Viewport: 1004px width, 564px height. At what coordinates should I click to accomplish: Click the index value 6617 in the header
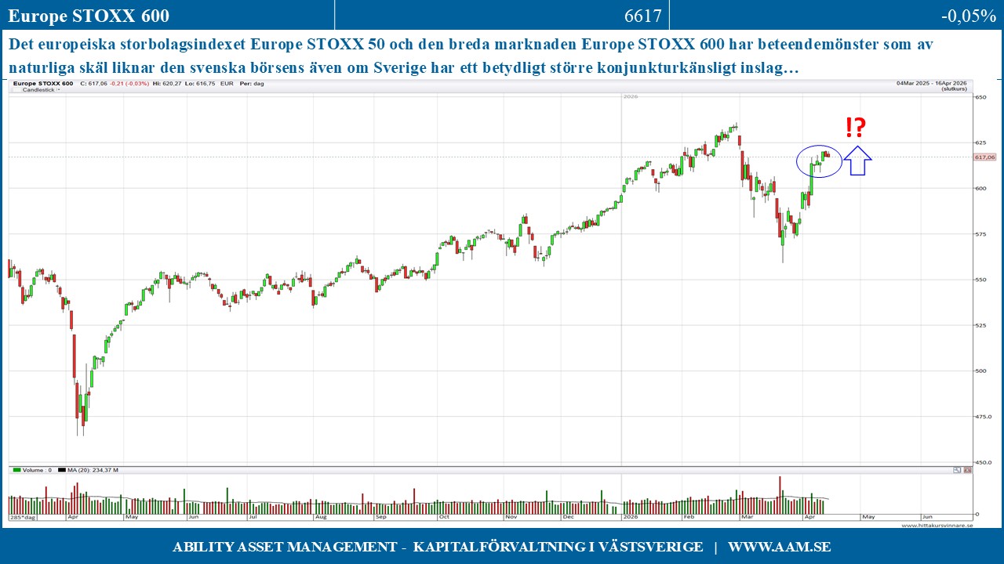coord(643,16)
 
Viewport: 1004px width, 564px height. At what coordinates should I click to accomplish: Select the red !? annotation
coord(856,128)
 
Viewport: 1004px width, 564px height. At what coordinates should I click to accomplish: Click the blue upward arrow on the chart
coord(857,161)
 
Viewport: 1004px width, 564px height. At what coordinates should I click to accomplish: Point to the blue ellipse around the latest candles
coord(819,161)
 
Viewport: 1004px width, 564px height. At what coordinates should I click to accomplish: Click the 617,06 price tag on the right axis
coord(984,157)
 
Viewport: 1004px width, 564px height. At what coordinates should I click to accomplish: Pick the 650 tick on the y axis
coord(980,98)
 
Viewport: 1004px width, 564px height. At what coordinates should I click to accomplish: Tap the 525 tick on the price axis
coord(980,325)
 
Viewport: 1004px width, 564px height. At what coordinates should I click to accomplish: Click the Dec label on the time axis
coord(569,517)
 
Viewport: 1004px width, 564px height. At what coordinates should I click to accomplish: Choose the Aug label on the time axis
coord(321,517)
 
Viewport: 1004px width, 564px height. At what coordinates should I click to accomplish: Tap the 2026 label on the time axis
coord(631,517)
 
